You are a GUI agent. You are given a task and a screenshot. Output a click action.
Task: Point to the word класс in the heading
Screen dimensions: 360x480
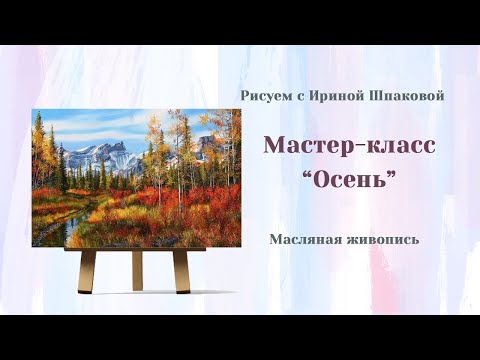coord(398,145)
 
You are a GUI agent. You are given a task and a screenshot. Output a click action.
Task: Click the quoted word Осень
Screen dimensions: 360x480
coord(350,182)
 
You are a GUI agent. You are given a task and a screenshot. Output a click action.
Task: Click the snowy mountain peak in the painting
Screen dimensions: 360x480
coord(112,150)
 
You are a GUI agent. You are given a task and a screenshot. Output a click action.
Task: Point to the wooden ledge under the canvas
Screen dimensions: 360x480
coord(135,250)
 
